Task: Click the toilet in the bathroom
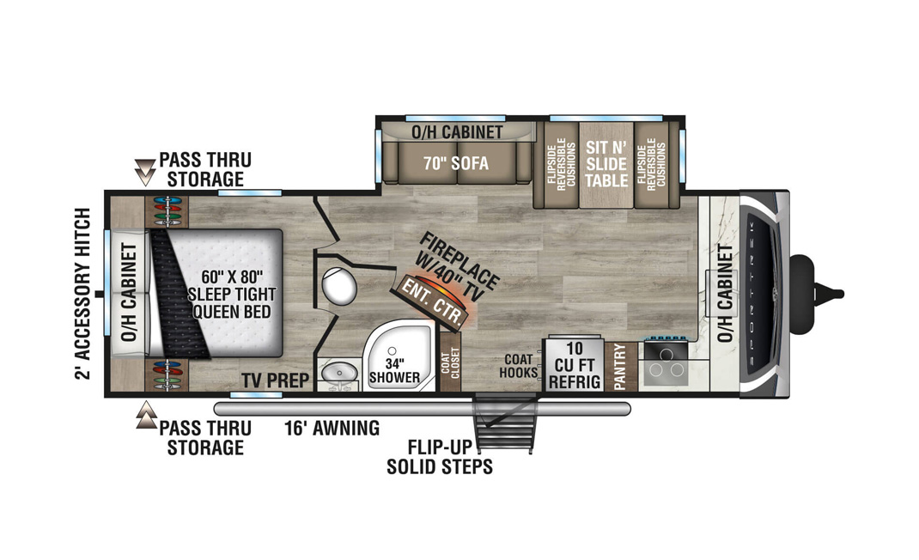pos(339,285)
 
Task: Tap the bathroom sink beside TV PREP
pos(338,372)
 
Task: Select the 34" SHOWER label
pos(394,370)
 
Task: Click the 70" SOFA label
pos(456,162)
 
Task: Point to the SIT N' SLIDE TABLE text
pos(606,163)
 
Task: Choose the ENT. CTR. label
pos(434,302)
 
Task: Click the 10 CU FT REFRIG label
pos(575,365)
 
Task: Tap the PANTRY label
pos(620,367)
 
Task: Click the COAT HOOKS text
pos(518,365)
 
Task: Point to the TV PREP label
pos(275,380)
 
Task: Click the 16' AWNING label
pos(332,428)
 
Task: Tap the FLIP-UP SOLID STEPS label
pos(440,457)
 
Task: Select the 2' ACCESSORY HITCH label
pos(84,294)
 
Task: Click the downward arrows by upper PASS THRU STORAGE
pos(145,172)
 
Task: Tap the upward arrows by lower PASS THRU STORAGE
pos(146,415)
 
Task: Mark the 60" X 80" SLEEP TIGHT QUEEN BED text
pos(232,294)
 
